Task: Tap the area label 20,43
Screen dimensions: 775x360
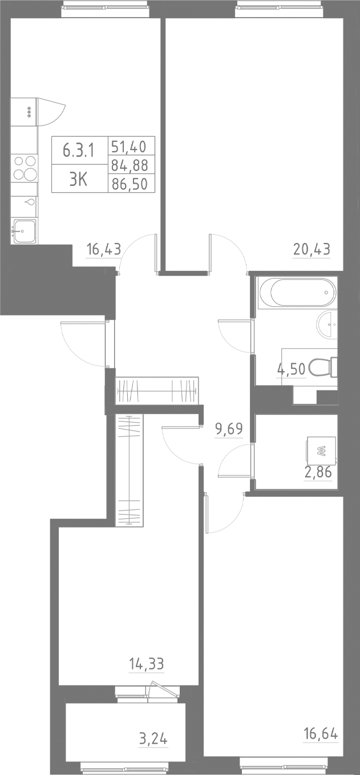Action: [312, 249]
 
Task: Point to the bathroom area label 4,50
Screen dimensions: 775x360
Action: [292, 368]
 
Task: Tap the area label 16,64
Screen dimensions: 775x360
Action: [319, 733]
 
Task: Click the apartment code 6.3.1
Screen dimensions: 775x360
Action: [78, 150]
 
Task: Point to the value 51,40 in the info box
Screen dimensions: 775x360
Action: [129, 147]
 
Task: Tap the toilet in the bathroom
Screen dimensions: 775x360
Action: [323, 368]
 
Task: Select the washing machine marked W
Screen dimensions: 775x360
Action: [321, 452]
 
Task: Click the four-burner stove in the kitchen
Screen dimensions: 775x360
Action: [25, 168]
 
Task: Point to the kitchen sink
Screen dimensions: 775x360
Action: [24, 230]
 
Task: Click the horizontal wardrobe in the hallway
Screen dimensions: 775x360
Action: [157, 391]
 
